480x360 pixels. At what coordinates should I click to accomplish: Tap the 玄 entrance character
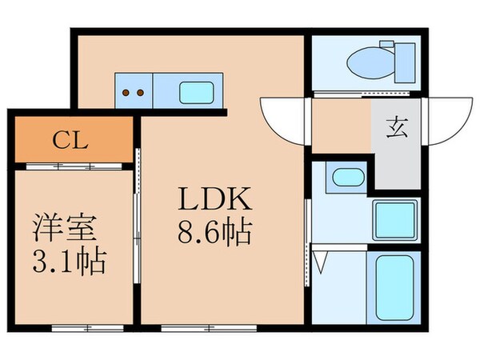[x=397, y=127]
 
